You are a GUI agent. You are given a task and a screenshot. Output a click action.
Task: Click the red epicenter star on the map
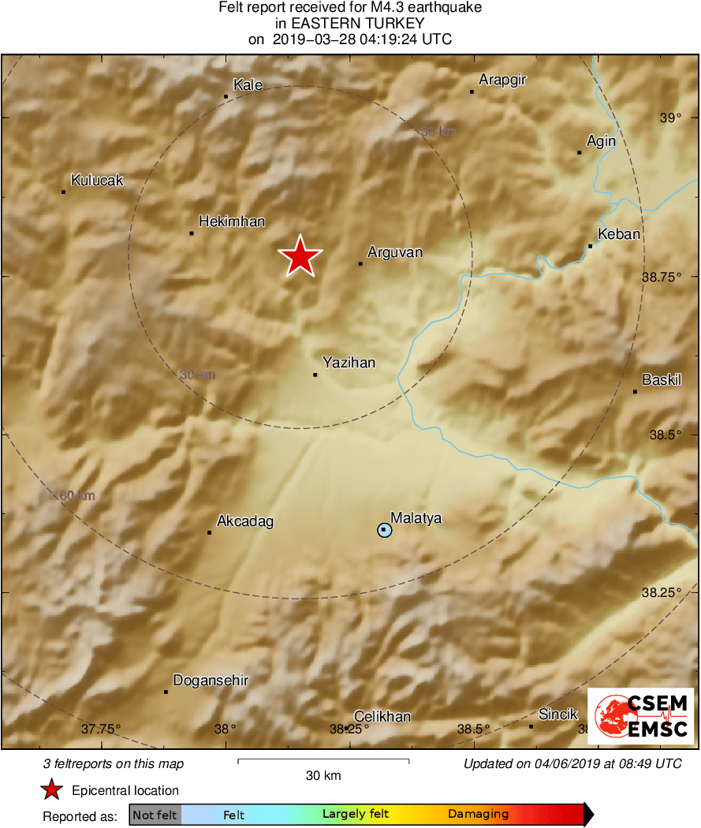click(x=300, y=257)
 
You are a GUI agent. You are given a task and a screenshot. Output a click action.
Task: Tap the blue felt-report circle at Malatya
click(x=384, y=530)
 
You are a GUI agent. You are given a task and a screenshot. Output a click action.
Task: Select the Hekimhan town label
click(x=231, y=222)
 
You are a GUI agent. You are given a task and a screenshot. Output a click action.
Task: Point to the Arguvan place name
click(x=395, y=252)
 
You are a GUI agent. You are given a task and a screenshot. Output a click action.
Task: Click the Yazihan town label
click(x=349, y=363)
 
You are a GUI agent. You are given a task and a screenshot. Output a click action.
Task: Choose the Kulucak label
click(x=97, y=181)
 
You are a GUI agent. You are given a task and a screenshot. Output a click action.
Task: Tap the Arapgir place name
click(x=502, y=80)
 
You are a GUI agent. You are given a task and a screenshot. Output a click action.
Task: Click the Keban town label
click(x=619, y=234)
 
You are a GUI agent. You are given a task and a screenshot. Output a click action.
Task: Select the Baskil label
click(x=661, y=380)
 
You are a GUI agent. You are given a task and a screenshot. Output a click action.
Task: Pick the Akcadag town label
click(x=245, y=521)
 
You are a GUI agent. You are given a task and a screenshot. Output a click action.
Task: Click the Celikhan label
click(x=382, y=717)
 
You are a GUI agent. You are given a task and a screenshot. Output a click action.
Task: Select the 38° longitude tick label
click(x=226, y=729)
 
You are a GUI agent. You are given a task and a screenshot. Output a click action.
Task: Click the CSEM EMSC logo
click(x=640, y=716)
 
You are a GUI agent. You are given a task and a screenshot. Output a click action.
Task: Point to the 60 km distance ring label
click(x=77, y=496)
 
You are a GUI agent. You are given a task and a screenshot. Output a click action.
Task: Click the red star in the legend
click(x=52, y=790)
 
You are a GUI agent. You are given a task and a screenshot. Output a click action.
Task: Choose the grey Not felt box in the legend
click(x=155, y=815)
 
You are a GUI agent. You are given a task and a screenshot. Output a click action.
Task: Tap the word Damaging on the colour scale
click(x=478, y=815)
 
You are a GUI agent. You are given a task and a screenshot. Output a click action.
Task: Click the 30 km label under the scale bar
click(x=323, y=775)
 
